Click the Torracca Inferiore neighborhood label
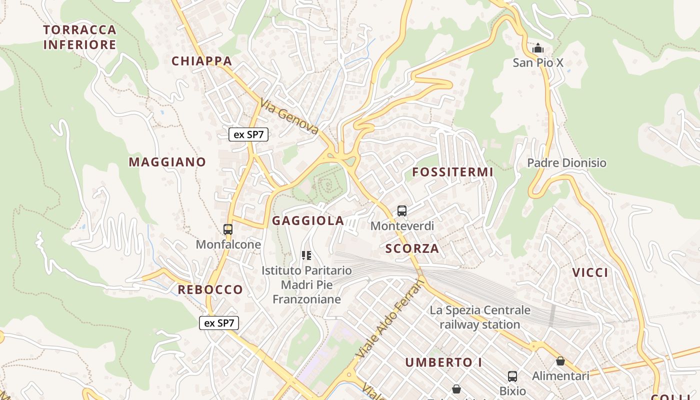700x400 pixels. pyautogui.click(x=80, y=37)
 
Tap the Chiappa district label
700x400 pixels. pyautogui.click(x=202, y=61)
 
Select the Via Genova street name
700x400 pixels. pyautogui.click(x=289, y=116)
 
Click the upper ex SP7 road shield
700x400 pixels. pyautogui.click(x=248, y=134)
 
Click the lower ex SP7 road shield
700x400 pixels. pyautogui.click(x=219, y=323)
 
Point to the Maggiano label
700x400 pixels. pyautogui.click(x=167, y=162)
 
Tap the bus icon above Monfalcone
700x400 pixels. pyautogui.click(x=228, y=229)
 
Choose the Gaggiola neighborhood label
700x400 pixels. pyautogui.click(x=308, y=220)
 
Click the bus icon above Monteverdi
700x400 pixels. pyautogui.click(x=402, y=211)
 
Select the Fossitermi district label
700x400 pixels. pyautogui.click(x=452, y=172)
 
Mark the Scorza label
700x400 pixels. pyautogui.click(x=412, y=248)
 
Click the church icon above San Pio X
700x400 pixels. pyautogui.click(x=538, y=48)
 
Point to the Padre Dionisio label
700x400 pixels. pyautogui.click(x=566, y=163)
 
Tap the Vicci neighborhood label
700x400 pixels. pyautogui.click(x=590, y=272)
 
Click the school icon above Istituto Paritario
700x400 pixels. pyautogui.click(x=306, y=256)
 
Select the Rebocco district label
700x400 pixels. pyautogui.click(x=210, y=289)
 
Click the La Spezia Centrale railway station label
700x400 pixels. pyautogui.click(x=480, y=317)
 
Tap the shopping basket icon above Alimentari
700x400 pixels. pyautogui.click(x=560, y=361)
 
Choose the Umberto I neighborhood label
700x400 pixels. pyautogui.click(x=443, y=362)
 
